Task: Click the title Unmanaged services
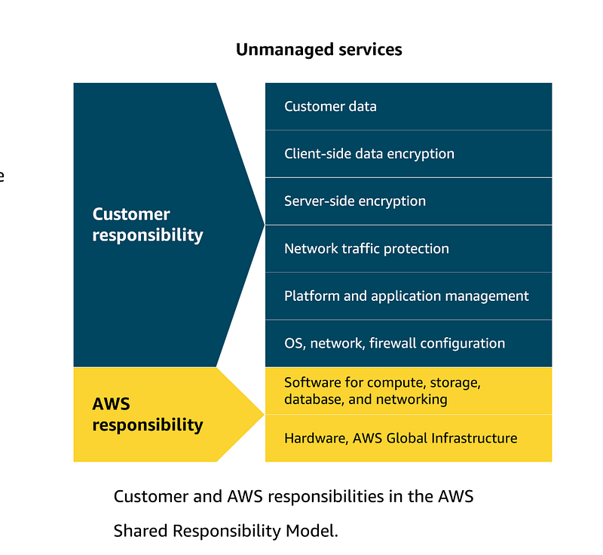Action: (319, 50)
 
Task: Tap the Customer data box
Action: (409, 106)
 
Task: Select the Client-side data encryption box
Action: (409, 154)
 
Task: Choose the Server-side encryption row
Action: (409, 201)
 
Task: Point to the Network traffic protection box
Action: (409, 249)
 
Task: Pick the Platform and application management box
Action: (409, 296)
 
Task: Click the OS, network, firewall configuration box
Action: (409, 343)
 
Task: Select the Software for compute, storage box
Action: (409, 391)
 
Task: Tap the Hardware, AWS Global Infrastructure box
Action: (409, 438)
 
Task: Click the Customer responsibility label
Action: (148, 225)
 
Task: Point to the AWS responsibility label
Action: (148, 415)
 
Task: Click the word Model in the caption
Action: (312, 531)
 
